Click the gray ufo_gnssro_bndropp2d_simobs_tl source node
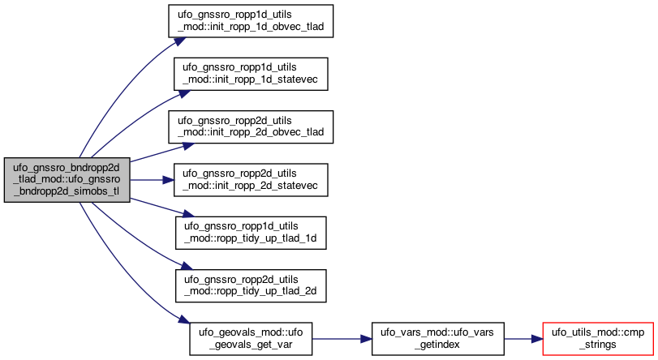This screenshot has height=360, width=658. (x=67, y=180)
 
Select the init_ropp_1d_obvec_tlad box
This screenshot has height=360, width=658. (x=251, y=21)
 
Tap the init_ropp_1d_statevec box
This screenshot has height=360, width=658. (x=251, y=74)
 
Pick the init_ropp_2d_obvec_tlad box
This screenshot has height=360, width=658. (x=251, y=126)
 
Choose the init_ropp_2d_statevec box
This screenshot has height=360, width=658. (x=251, y=179)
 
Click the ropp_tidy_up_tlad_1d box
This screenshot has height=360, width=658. (x=251, y=233)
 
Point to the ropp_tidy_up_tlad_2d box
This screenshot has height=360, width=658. (x=251, y=285)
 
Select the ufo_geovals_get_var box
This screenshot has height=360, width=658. (x=251, y=339)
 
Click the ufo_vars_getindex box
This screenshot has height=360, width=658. (x=437, y=339)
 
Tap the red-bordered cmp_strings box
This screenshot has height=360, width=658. (x=598, y=339)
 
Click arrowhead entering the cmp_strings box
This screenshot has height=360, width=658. (x=537, y=339)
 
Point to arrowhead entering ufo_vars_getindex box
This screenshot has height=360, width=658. (x=367, y=339)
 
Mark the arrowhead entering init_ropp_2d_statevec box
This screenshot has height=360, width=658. (x=168, y=180)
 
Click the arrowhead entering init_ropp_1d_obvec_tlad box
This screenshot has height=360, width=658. (x=179, y=41)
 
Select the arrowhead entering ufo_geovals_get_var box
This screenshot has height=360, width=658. (x=184, y=319)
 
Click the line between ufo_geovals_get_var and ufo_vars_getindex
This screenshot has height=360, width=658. (x=337, y=339)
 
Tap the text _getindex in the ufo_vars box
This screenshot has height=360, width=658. (x=437, y=345)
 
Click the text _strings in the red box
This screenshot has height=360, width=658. (x=598, y=345)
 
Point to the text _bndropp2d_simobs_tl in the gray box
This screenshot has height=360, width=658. (x=67, y=191)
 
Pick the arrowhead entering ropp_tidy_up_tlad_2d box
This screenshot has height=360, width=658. (x=186, y=267)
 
